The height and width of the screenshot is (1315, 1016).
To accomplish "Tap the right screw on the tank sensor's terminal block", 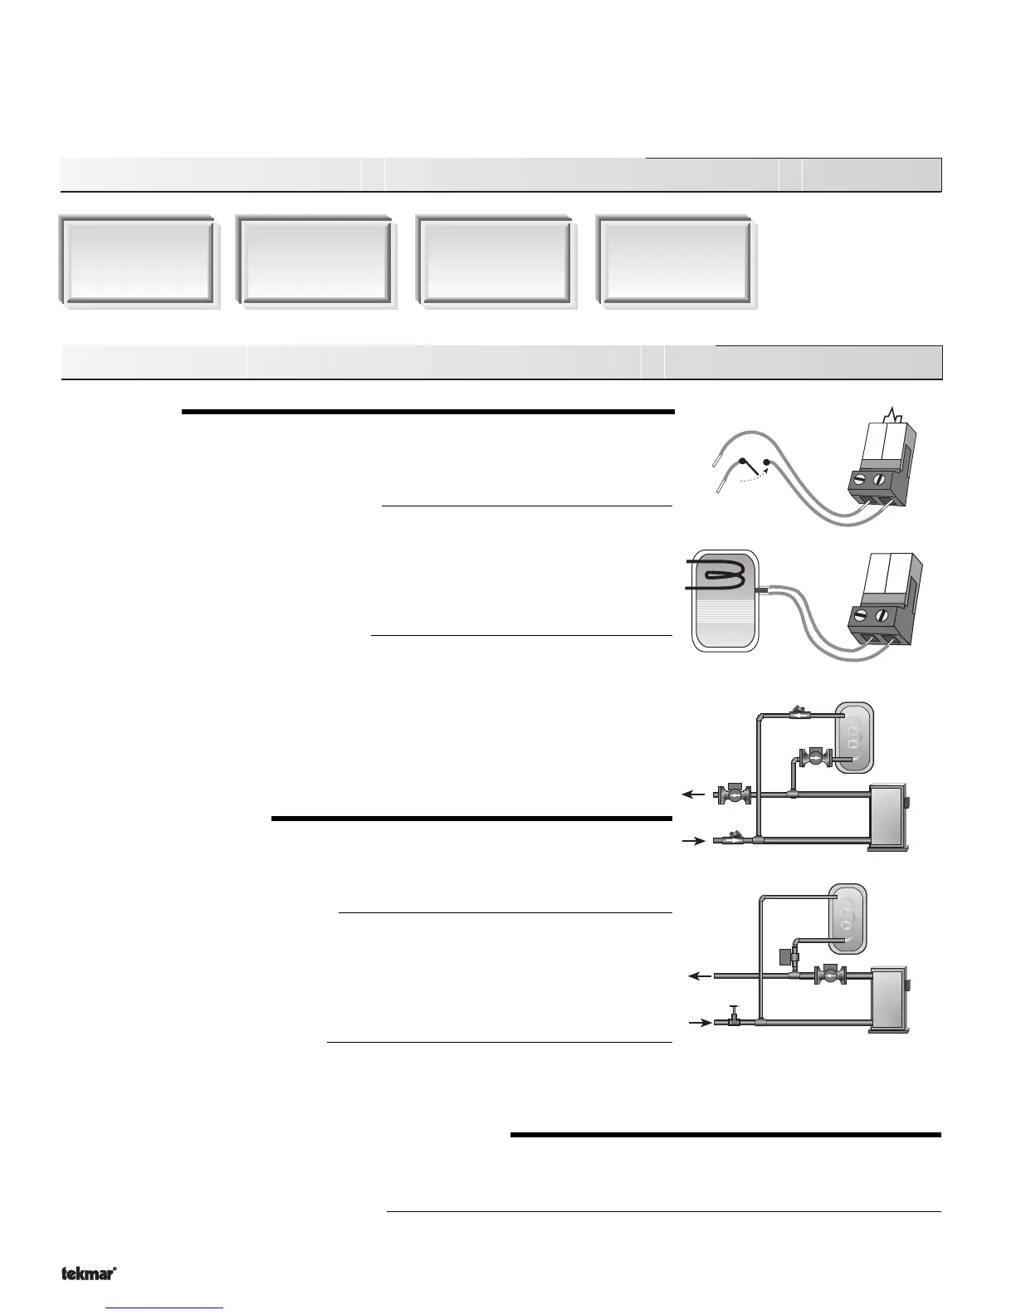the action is tap(882, 616).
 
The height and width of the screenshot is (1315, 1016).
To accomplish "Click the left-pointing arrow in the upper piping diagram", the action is tap(691, 794).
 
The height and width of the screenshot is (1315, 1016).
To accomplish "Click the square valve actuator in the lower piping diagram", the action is tap(784, 956).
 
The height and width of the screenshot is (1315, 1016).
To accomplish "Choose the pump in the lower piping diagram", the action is tap(831, 976).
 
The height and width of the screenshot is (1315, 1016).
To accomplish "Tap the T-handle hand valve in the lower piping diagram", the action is tap(734, 1018).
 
